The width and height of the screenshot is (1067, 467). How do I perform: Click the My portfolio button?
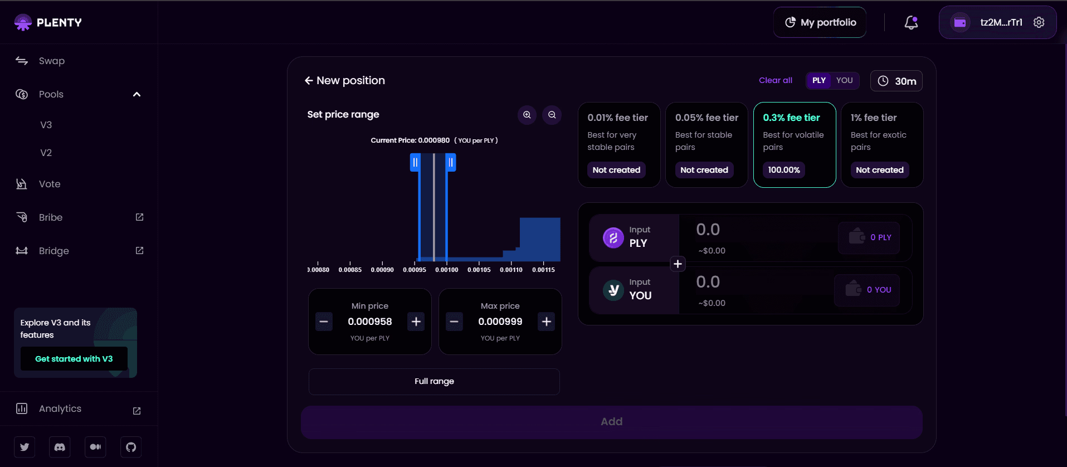coord(820,22)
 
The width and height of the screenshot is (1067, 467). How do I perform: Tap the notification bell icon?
coord(911,22)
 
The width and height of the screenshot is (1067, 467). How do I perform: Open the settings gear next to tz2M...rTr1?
coord(1039,22)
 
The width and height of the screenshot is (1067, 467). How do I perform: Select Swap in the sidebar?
coord(51,61)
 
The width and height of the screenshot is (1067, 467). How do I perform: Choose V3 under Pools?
coord(46,125)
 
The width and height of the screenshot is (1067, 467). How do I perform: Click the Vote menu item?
coord(50,184)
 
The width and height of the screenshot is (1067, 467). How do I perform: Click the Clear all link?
coord(775,80)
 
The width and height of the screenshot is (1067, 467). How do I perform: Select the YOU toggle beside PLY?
coord(844,80)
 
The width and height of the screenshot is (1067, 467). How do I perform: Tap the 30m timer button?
coord(897,81)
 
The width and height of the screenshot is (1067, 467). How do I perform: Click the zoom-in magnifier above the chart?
coord(527,115)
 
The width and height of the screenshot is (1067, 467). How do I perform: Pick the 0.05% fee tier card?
coord(707,144)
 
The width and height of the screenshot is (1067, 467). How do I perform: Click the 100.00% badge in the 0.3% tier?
coord(783,170)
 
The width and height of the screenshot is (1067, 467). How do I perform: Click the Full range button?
coord(434,381)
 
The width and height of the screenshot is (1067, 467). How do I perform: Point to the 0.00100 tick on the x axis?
coord(447,270)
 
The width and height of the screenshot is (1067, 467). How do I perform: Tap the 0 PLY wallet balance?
coord(869,237)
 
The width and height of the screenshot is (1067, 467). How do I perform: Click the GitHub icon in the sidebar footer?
coord(131,447)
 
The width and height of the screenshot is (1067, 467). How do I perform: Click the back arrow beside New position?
coord(309,81)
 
